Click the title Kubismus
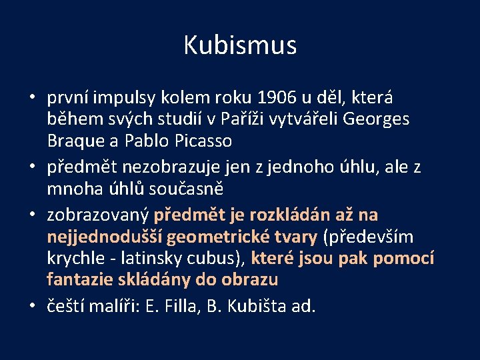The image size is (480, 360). coord(240,45)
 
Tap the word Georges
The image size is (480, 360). coord(381,119)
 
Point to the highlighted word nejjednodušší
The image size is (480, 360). coord(104,237)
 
